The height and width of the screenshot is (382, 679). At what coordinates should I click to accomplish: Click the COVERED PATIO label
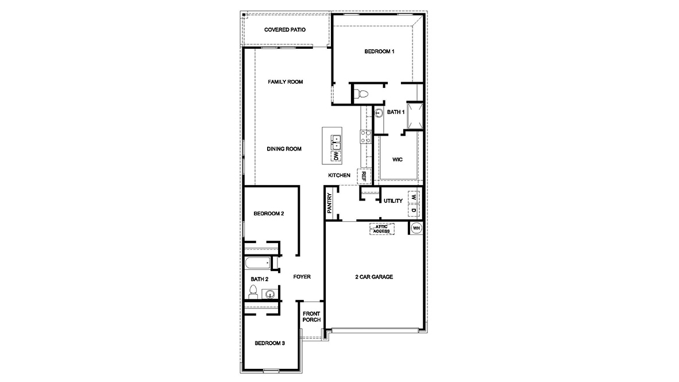[285, 29]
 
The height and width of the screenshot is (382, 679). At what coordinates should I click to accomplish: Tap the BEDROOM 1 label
[380, 52]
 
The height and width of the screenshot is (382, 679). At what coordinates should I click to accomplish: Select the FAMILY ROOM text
[286, 82]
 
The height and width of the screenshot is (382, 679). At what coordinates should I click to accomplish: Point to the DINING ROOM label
[284, 149]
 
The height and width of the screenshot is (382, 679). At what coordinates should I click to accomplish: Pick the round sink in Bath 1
[379, 113]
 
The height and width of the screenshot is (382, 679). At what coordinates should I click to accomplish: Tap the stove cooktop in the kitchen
[365, 136]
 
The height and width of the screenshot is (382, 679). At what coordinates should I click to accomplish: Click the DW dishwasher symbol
[335, 155]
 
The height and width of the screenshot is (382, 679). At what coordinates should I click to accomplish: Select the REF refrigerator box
[364, 176]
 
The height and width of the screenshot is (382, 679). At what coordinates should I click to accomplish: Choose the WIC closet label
[397, 159]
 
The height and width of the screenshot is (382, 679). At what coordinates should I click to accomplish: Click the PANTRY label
[330, 203]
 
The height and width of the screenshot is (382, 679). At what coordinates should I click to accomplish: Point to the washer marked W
[413, 197]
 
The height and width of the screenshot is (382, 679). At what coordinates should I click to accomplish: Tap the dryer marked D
[413, 211]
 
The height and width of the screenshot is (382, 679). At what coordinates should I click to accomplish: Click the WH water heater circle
[416, 229]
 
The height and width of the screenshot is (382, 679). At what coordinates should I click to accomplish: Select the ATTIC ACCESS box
[382, 229]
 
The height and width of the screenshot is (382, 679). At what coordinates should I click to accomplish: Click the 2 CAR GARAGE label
[374, 277]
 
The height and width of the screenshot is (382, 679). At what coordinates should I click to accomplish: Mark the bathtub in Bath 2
[257, 264]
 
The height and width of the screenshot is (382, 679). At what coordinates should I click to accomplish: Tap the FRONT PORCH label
[311, 317]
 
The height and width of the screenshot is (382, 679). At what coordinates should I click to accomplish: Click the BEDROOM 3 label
[270, 343]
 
